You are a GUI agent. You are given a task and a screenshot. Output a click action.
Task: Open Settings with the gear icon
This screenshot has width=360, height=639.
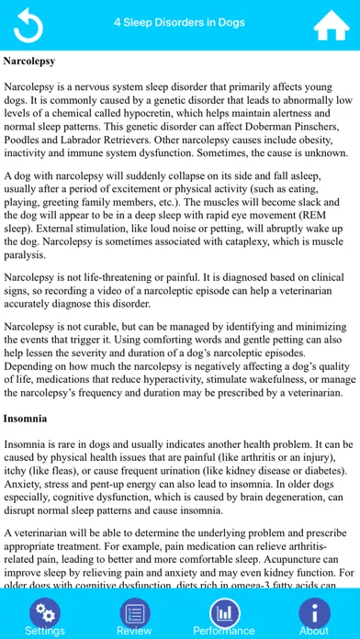43,612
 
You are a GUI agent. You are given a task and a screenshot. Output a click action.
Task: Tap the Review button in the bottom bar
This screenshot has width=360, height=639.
134,612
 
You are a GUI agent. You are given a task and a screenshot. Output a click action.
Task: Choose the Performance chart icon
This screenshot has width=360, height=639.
224,612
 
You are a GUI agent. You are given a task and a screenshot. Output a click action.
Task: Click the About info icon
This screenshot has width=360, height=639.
314,612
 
